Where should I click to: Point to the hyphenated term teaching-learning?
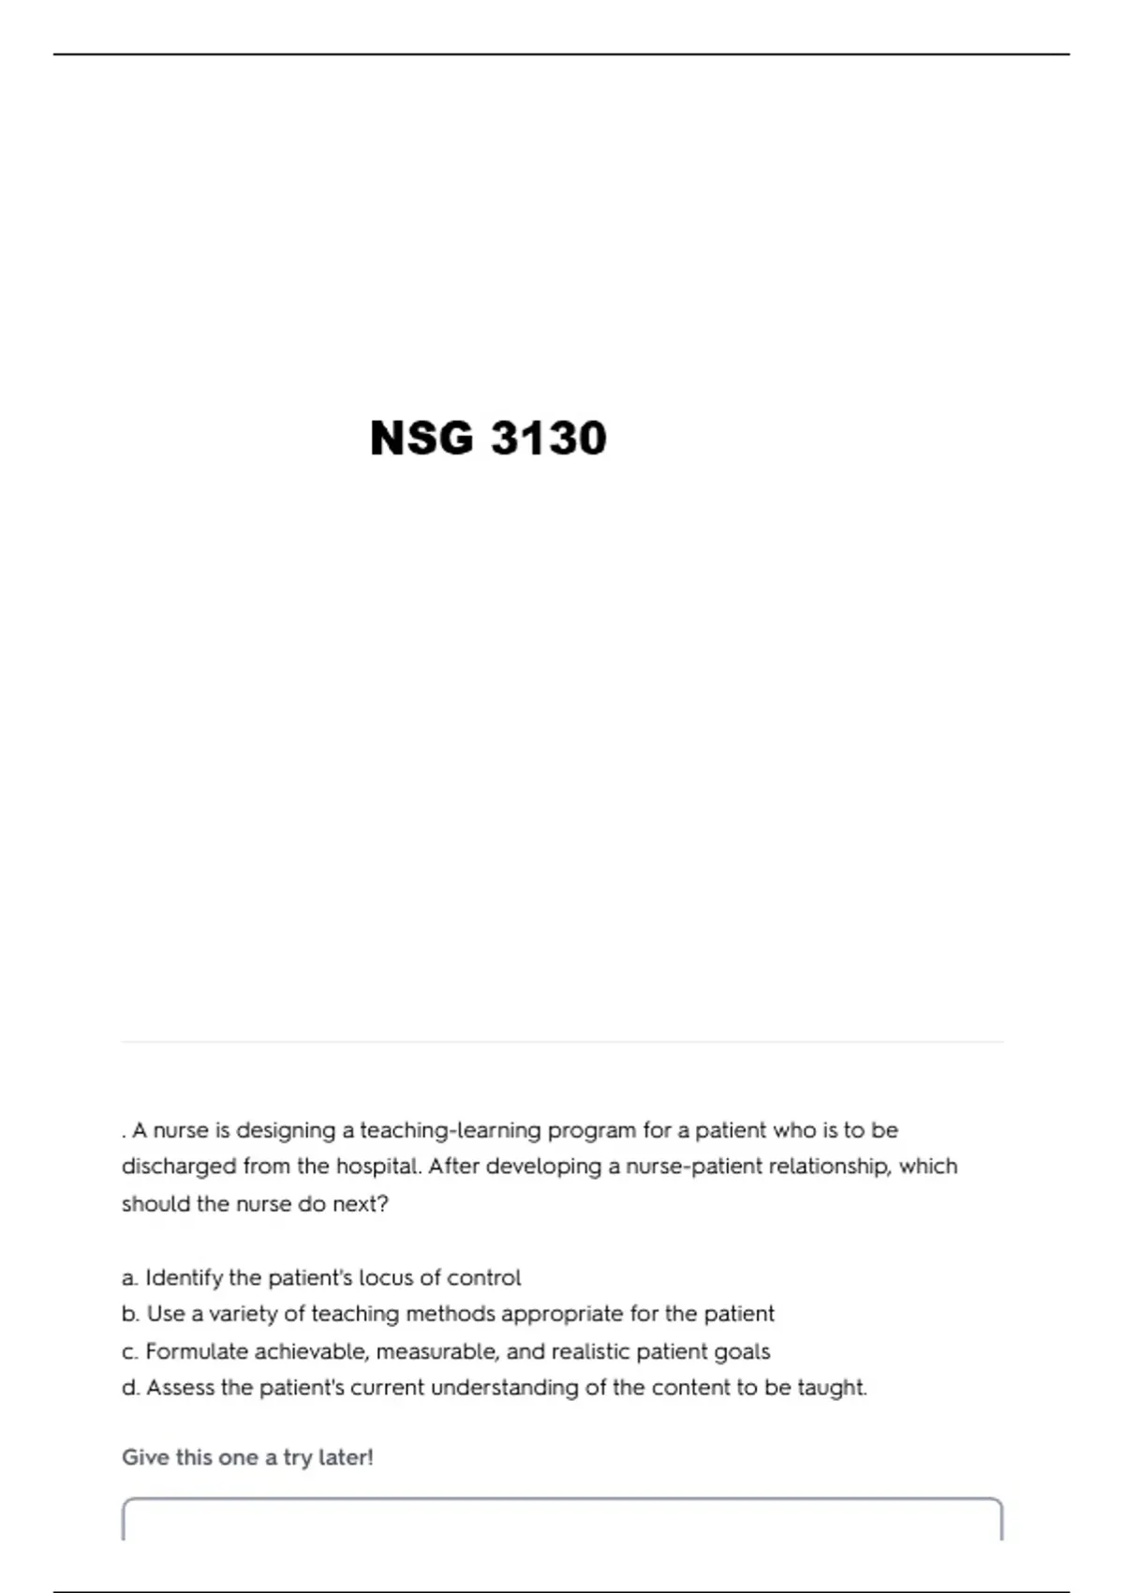pos(451,1130)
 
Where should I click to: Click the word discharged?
pos(179,1167)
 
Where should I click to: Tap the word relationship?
pos(828,1167)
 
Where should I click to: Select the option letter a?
pos(129,1278)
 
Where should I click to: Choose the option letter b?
pos(129,1314)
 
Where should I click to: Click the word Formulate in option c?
pos(197,1351)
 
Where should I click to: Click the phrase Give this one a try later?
pos(247,1458)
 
